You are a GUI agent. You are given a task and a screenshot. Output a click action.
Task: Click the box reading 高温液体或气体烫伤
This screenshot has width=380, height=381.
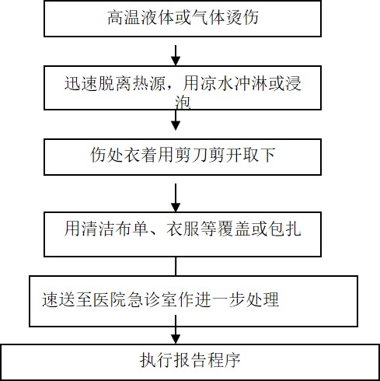click(x=183, y=18)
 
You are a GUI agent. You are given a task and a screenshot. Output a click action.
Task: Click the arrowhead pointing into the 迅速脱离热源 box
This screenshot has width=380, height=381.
click(x=176, y=61)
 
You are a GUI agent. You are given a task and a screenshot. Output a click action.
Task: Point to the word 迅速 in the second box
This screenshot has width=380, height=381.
click(x=81, y=83)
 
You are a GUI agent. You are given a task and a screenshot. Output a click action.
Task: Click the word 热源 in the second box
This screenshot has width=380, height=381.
click(x=148, y=83)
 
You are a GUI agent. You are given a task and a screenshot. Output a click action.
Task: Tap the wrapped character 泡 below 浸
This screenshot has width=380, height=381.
click(x=183, y=103)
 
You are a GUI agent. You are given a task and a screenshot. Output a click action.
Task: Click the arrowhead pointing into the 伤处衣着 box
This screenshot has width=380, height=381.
click(x=176, y=126)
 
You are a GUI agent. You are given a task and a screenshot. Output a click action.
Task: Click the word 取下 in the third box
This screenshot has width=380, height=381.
click(x=267, y=155)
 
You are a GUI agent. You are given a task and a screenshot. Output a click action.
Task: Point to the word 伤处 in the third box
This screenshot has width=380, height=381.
click(x=106, y=155)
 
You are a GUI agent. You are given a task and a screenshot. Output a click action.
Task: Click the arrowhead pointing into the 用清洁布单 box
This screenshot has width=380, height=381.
click(x=176, y=208)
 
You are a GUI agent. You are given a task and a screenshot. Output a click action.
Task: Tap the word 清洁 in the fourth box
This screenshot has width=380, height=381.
click(x=97, y=229)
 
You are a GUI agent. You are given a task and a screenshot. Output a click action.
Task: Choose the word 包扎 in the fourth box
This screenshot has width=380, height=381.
click(x=284, y=229)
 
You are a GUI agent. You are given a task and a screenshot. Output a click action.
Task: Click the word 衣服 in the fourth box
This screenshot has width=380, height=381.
click(x=183, y=229)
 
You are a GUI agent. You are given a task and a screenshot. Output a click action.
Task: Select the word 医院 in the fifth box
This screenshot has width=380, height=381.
click(x=110, y=299)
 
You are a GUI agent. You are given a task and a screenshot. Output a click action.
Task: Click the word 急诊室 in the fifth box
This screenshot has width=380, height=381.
click(x=152, y=299)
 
